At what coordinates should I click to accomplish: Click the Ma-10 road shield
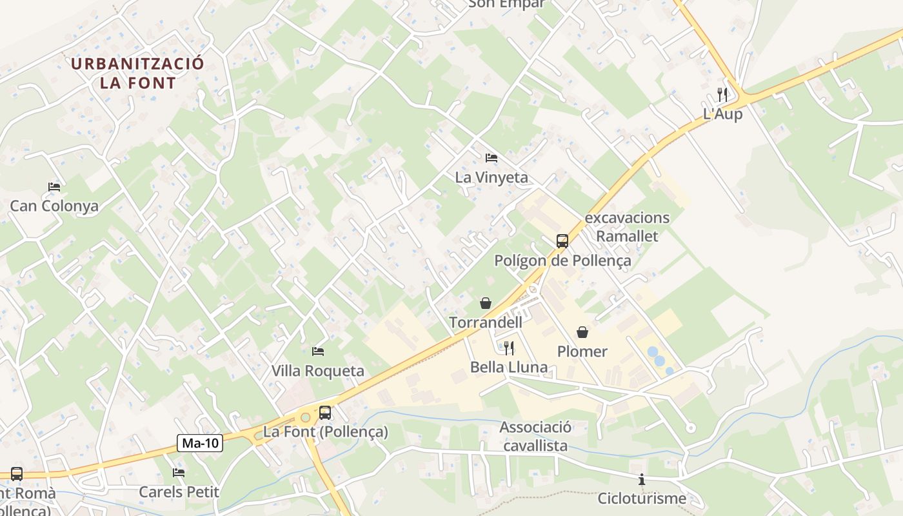(200, 443)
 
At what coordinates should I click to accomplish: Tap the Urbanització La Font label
(137, 73)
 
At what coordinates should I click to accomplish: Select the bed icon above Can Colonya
(54, 187)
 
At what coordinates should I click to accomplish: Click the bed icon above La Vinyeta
(491, 158)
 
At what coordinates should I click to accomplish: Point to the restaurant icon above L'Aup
(722, 95)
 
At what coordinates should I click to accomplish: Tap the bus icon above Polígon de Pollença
(562, 241)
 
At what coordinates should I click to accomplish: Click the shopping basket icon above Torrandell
(486, 303)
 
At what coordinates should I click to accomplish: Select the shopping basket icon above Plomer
(582, 332)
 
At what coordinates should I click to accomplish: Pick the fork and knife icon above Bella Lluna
(509, 348)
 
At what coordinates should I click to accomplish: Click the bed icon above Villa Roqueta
(318, 352)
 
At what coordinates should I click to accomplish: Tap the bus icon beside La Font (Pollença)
(325, 413)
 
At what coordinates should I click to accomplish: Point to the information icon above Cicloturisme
(642, 479)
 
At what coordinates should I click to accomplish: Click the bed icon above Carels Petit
(179, 473)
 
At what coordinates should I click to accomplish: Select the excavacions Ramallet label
(627, 227)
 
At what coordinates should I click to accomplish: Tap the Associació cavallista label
(535, 437)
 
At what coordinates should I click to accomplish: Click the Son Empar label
(506, 4)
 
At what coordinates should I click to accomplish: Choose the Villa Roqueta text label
(318, 371)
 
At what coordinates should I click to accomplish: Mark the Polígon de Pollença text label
(562, 261)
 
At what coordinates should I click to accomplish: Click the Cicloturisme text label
(642, 499)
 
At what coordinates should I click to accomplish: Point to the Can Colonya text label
(54, 206)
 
